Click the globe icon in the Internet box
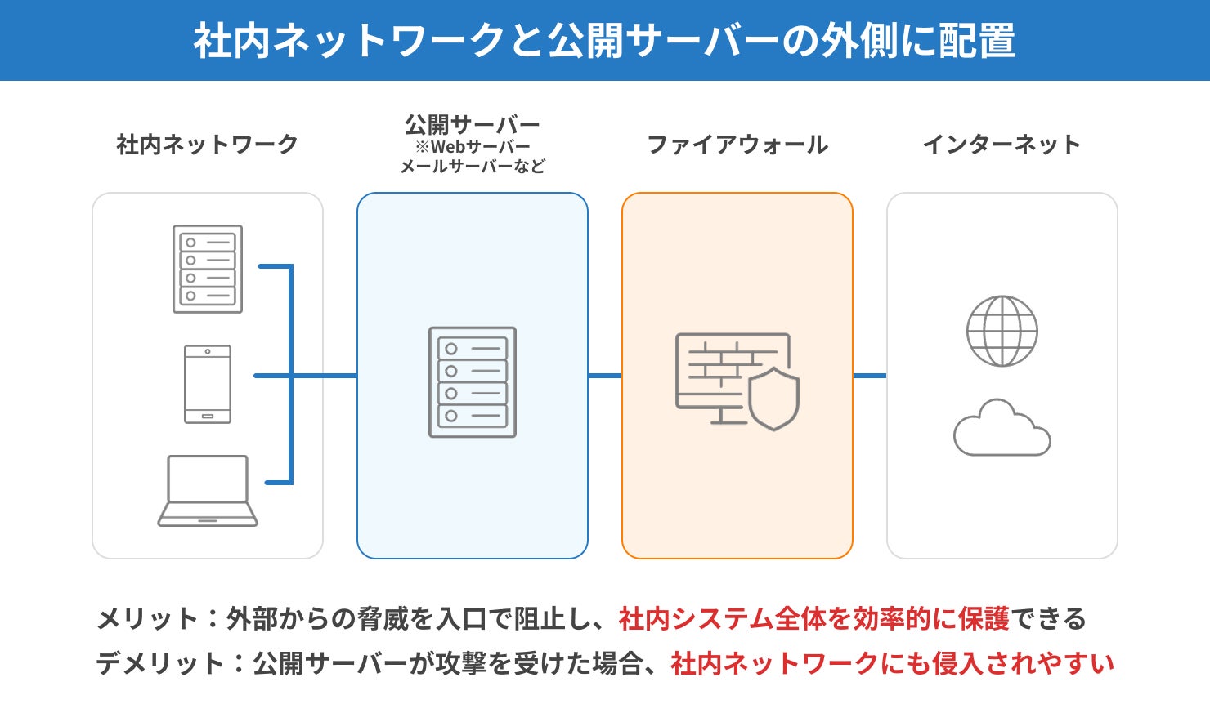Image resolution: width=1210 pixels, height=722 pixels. [x=1002, y=331]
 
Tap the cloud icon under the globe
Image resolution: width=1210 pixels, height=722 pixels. [x=1002, y=430]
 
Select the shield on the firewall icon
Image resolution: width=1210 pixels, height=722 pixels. [x=773, y=399]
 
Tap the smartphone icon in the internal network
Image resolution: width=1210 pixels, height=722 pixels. [x=208, y=384]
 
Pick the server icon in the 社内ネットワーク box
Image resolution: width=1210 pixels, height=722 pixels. [x=208, y=269]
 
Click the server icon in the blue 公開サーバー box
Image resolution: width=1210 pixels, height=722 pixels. [x=473, y=382]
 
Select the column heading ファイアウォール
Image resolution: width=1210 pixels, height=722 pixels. [x=737, y=145]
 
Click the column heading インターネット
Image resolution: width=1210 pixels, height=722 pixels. [x=1002, y=145]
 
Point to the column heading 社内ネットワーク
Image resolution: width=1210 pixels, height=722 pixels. [x=208, y=145]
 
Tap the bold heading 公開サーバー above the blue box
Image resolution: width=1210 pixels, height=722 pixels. [x=473, y=125]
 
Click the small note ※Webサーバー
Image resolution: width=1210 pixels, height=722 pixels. [x=473, y=147]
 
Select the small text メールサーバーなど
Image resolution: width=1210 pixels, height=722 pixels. [x=473, y=167]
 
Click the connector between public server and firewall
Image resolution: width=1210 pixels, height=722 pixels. [x=605, y=376]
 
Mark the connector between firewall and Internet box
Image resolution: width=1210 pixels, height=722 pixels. [x=870, y=376]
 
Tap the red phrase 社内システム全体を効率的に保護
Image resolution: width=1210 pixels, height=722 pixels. [x=814, y=619]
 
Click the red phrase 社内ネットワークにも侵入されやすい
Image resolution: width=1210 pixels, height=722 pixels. [x=893, y=663]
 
